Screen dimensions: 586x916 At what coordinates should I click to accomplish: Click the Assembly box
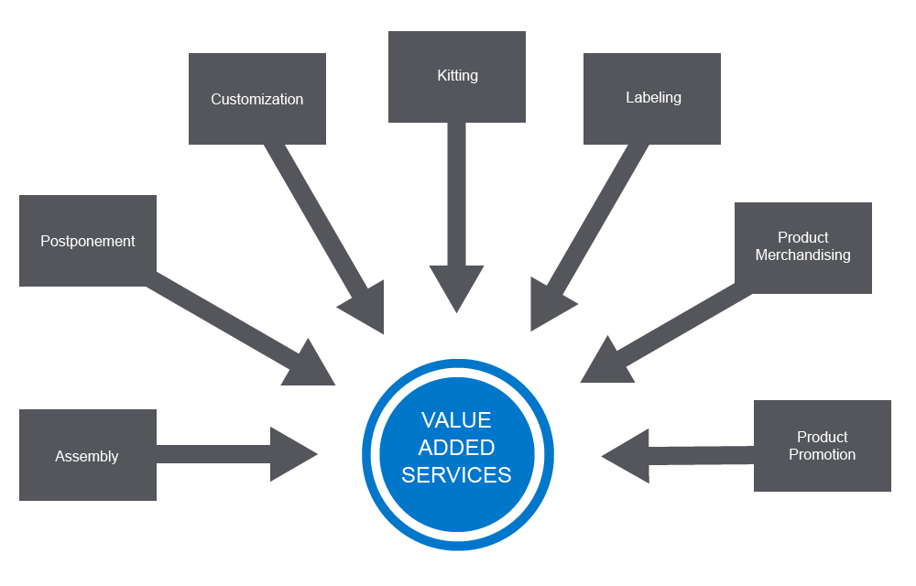tap(87, 455)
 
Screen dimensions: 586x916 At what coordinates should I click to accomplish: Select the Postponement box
tap(87, 241)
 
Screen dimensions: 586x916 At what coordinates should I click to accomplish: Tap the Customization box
tap(256, 99)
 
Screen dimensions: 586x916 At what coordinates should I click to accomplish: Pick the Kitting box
tap(456, 76)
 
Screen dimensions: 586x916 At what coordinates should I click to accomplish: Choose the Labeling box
tap(652, 98)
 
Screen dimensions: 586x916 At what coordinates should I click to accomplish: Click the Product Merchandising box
tap(802, 247)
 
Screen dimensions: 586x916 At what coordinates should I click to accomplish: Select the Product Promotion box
tap(822, 446)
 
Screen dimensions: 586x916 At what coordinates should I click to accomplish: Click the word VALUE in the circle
tap(456, 420)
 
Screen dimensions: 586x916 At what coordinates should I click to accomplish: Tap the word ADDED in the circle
tap(456, 448)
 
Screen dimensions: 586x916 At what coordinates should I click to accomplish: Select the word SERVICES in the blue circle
tap(456, 475)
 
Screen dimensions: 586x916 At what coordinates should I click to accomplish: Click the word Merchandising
tap(802, 255)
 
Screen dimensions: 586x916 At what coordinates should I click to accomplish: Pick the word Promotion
tap(822, 455)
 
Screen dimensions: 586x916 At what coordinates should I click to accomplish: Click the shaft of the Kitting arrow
tap(456, 192)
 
